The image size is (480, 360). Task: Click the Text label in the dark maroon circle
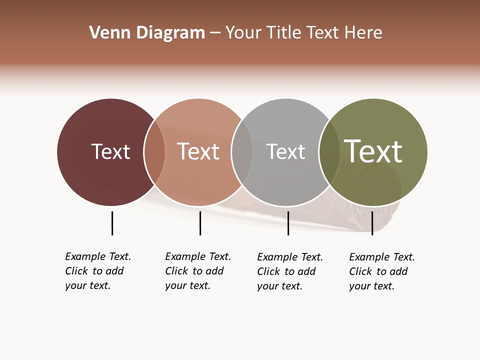110,151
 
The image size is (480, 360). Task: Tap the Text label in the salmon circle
198,151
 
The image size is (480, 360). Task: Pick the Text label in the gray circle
285,151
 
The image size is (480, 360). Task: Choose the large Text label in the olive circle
373,151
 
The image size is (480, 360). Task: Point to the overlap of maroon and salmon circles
154,152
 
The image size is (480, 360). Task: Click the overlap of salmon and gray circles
242,152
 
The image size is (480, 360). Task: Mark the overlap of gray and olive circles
329,152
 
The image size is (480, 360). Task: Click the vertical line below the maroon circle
112,223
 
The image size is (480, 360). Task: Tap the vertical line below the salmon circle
200,223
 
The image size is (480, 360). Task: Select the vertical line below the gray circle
288,223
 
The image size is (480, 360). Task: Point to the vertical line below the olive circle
372,223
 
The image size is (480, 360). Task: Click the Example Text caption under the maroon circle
97,271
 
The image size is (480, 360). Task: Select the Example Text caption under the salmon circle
197,271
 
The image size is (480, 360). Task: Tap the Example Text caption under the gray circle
289,271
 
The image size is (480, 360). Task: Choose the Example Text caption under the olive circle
381,271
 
